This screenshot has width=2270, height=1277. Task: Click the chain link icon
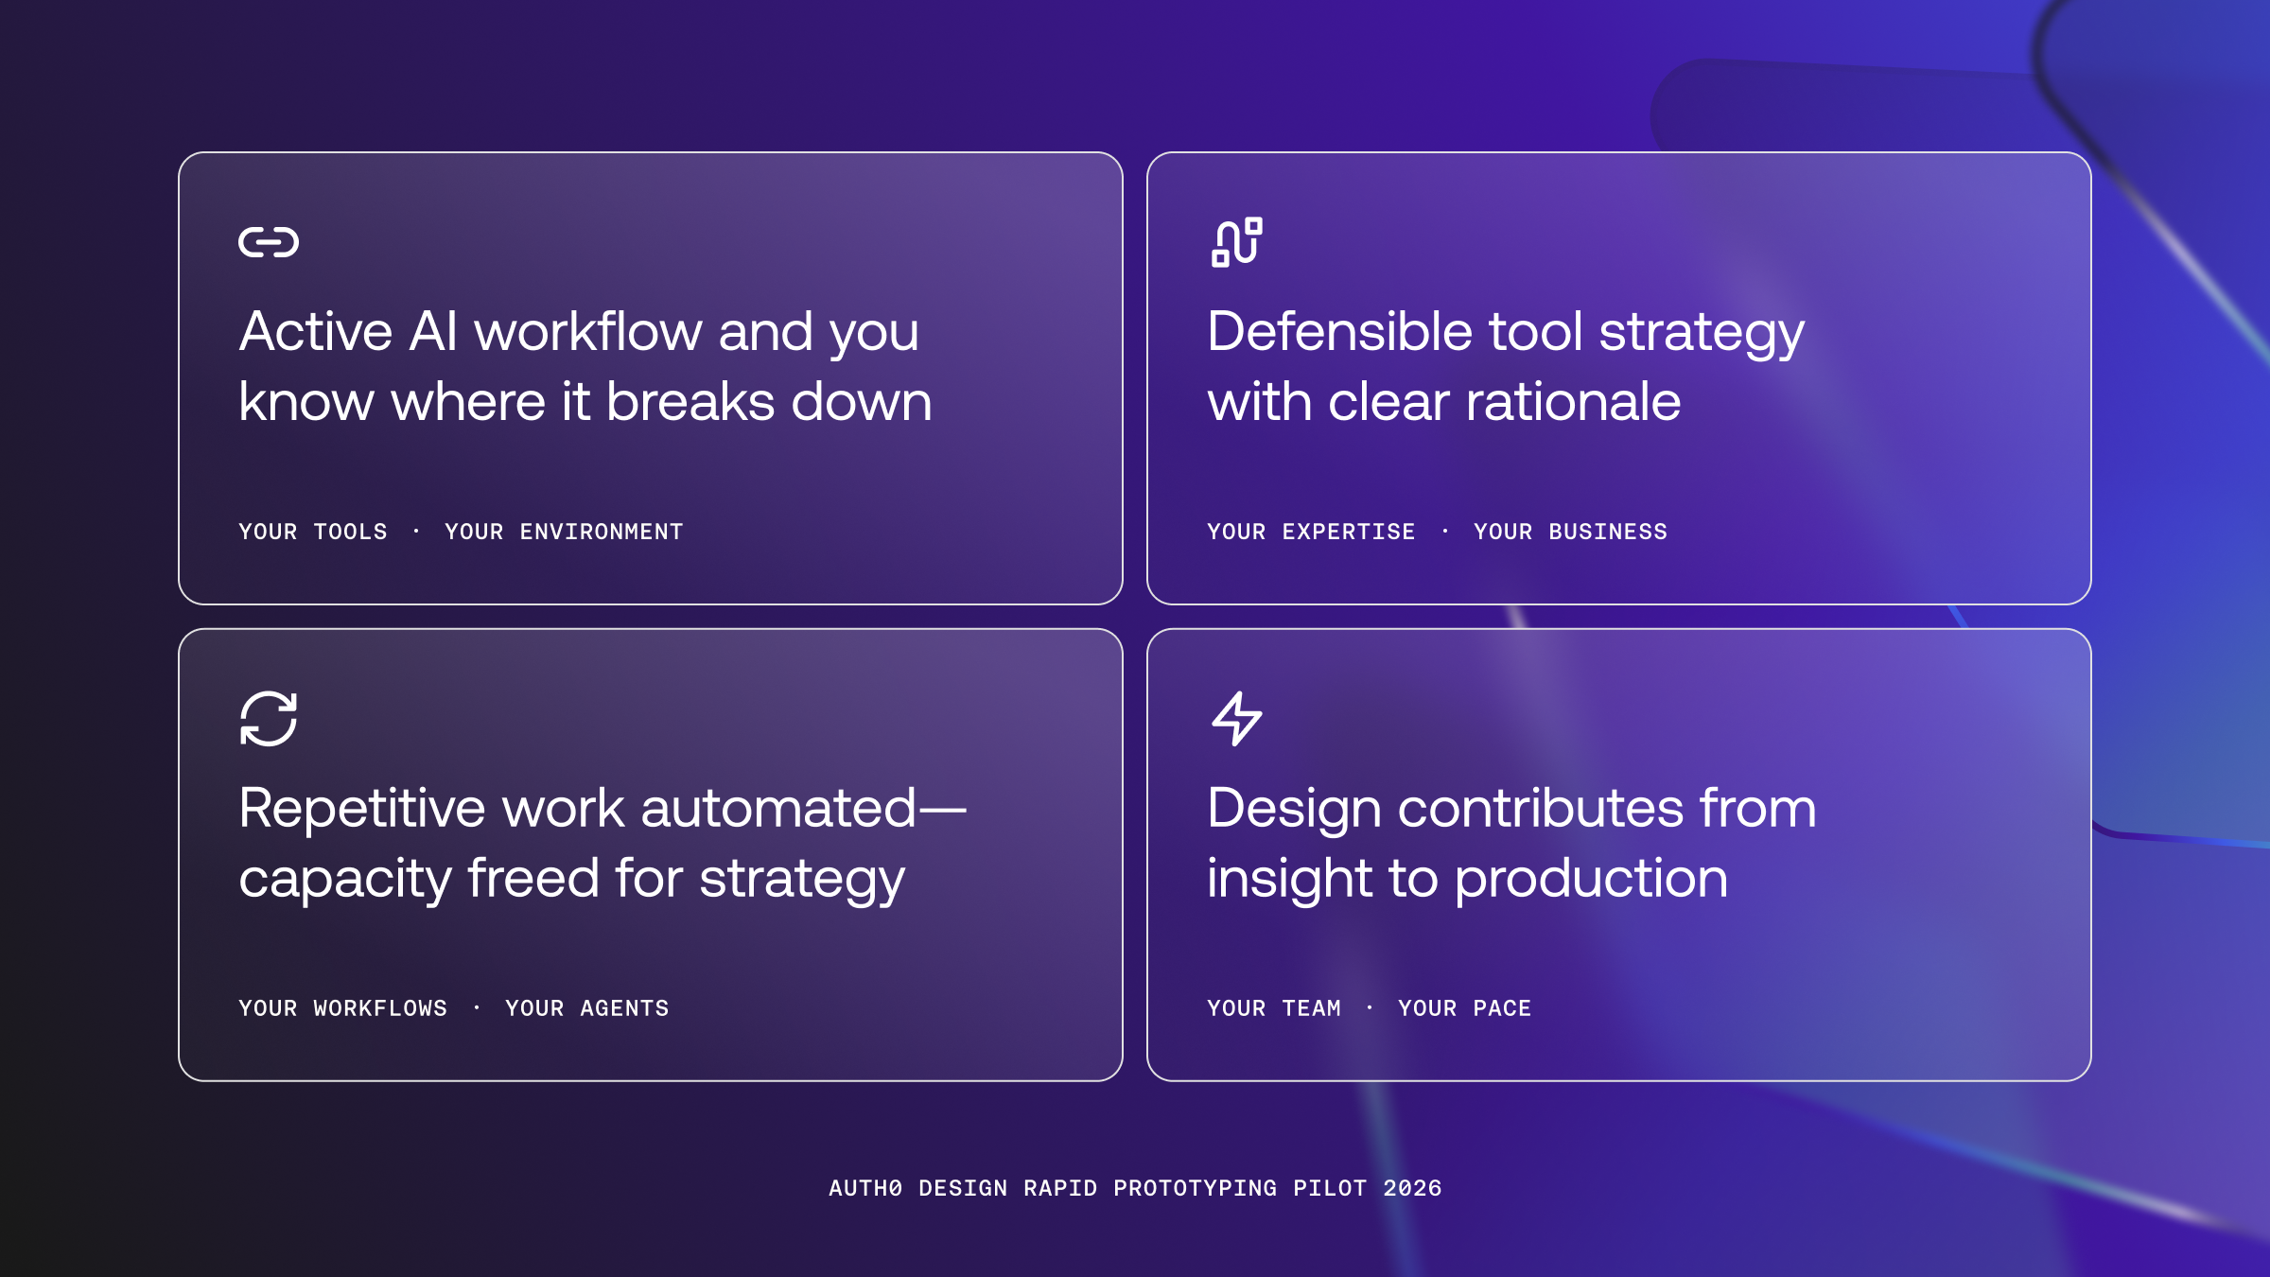tap(269, 242)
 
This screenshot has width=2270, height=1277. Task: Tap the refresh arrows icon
tap(269, 719)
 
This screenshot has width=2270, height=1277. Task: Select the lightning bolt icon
tap(1237, 719)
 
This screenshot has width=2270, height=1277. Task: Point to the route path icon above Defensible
tap(1237, 242)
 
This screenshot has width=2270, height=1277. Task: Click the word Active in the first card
tap(315, 332)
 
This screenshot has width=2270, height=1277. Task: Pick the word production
tap(1591, 879)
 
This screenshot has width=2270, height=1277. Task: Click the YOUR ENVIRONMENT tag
tap(564, 533)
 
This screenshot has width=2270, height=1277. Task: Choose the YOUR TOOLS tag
tap(313, 533)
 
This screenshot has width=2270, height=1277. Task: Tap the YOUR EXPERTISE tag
tap(1311, 533)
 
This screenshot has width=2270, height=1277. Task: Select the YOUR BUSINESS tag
tap(1570, 533)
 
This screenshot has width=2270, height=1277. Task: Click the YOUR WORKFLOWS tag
tap(342, 1009)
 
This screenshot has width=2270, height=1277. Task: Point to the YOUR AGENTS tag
tap(586, 1009)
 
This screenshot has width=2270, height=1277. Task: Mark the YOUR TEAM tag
tap(1274, 1009)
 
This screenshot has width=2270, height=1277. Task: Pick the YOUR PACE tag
tap(1464, 1009)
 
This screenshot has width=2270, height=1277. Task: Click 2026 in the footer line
tap(1412, 1189)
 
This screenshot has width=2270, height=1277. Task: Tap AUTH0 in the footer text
tap(865, 1189)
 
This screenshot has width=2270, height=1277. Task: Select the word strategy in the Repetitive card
tap(802, 879)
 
